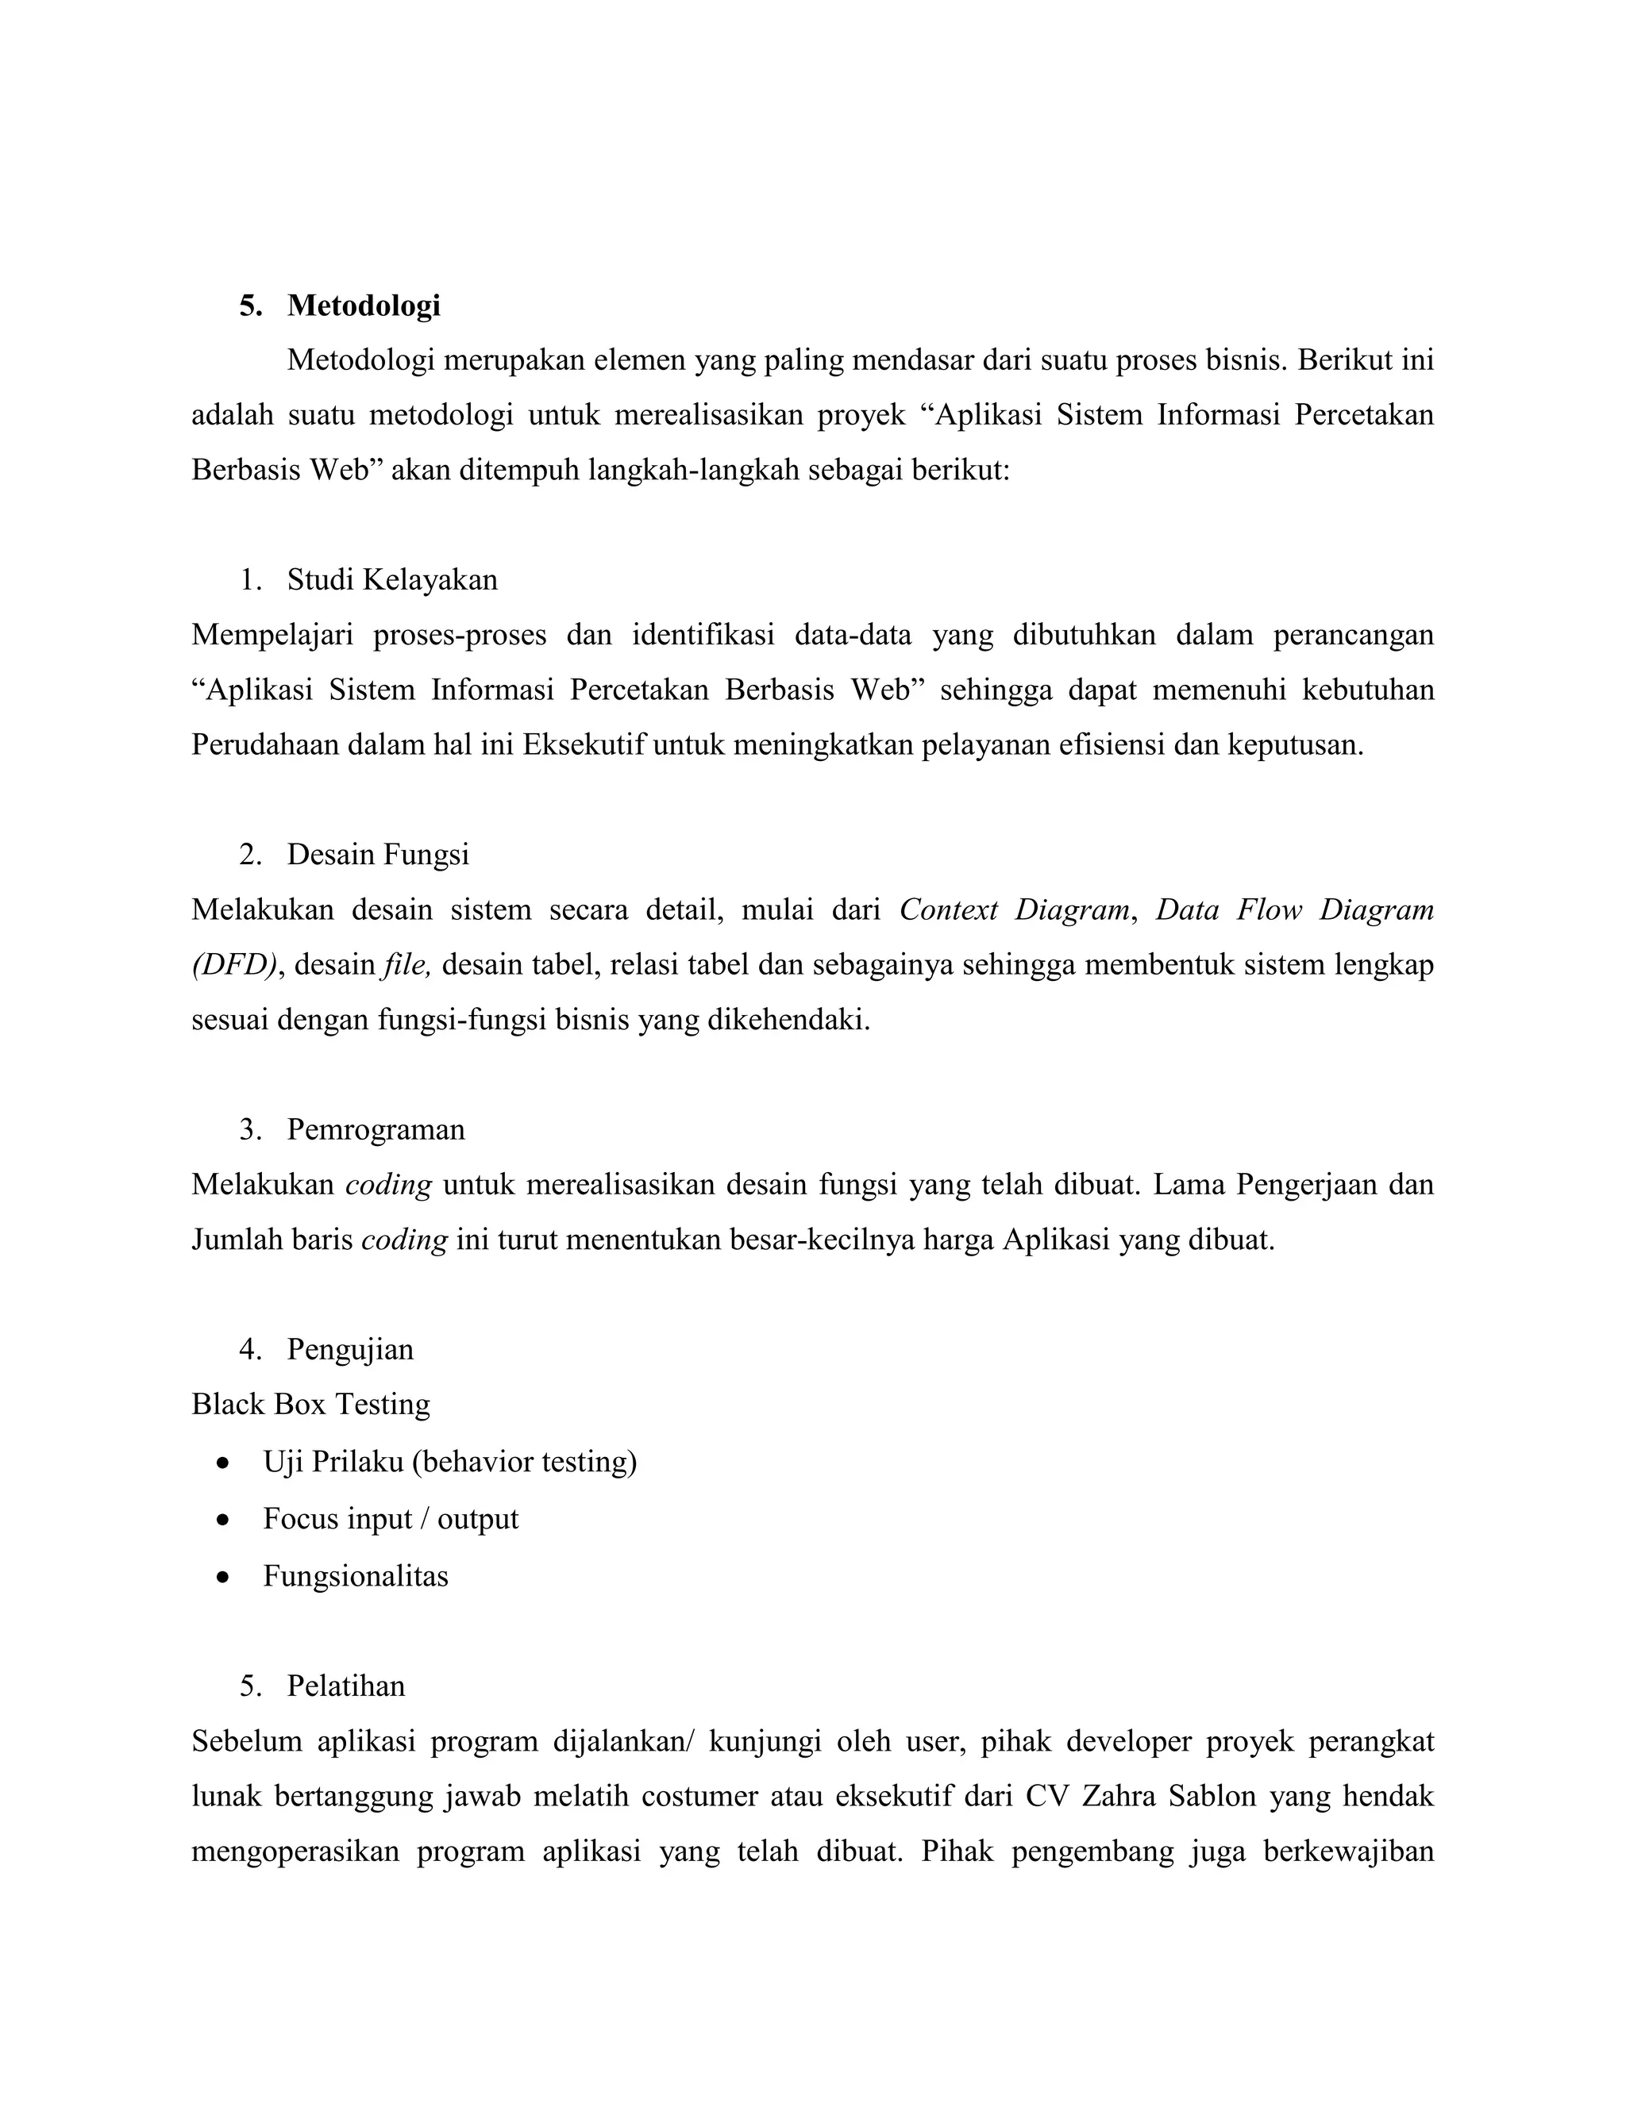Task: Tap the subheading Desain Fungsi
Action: click(378, 854)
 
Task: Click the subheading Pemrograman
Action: click(376, 1128)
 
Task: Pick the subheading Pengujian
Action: click(349, 1349)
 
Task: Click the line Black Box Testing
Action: click(311, 1404)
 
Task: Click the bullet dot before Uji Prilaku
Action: click(223, 1463)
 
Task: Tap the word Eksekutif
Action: click(583, 745)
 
